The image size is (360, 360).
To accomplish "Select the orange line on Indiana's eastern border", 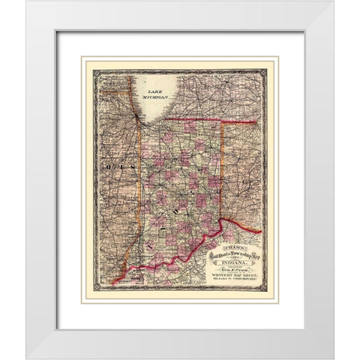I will click(223, 172).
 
